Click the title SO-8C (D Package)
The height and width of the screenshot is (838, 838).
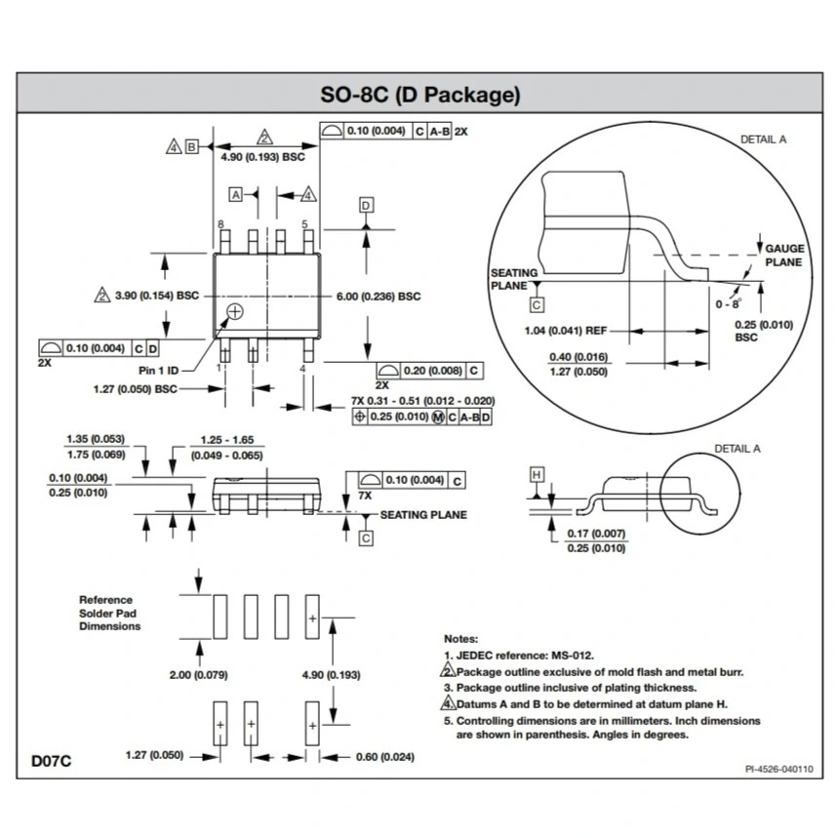419,96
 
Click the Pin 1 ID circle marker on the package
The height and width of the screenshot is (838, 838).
234,311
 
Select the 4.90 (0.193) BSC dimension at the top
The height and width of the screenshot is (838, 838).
262,157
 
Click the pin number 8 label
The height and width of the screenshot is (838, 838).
221,223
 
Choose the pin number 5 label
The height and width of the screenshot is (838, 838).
304,223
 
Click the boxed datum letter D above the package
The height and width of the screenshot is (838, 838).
366,205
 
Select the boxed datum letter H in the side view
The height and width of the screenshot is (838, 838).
536,474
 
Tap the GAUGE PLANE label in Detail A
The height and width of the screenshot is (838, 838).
783,256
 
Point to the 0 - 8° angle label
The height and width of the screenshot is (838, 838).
729,303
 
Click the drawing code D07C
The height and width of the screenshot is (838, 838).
50,760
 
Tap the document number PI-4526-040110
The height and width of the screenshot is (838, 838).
778,769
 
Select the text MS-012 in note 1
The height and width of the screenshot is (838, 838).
572,655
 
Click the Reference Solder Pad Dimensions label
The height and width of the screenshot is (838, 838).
109,613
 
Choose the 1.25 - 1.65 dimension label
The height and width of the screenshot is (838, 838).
226,441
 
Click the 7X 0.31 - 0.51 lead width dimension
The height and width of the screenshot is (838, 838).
422,401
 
